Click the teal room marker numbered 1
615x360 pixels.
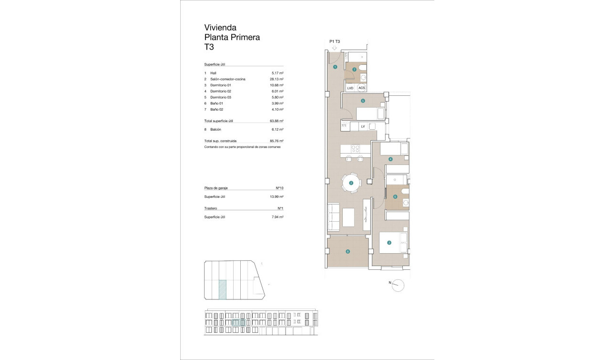(x=335, y=67)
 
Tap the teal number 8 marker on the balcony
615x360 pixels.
(x=348, y=252)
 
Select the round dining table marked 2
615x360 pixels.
(x=351, y=183)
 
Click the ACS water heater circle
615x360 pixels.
(x=362, y=88)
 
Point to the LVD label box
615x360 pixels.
(x=350, y=88)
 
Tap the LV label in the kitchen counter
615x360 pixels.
(x=363, y=126)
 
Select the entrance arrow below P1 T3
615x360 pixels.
(x=335, y=48)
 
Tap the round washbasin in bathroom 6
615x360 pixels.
(x=406, y=203)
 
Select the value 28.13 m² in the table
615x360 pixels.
(x=277, y=79)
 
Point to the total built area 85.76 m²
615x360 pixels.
(x=277, y=141)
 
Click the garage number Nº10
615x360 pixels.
(x=279, y=188)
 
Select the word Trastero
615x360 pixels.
(x=211, y=208)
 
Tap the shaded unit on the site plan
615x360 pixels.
(x=222, y=289)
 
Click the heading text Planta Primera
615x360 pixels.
(x=232, y=38)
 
